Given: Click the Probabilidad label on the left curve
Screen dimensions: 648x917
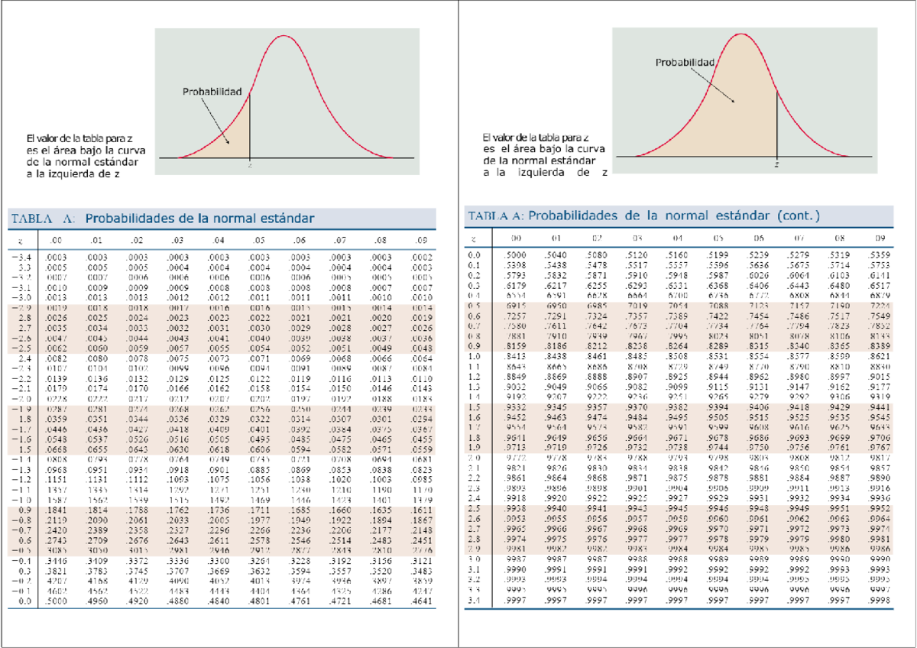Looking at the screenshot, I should [212, 92].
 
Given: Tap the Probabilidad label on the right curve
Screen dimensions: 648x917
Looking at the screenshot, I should [685, 63].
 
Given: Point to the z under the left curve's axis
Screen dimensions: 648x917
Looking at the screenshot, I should [251, 164].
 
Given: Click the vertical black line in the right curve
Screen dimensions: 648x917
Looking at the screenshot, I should [776, 122].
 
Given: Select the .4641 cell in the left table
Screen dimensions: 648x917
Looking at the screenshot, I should [420, 601].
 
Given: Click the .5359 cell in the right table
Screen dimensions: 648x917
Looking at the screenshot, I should [879, 255].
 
